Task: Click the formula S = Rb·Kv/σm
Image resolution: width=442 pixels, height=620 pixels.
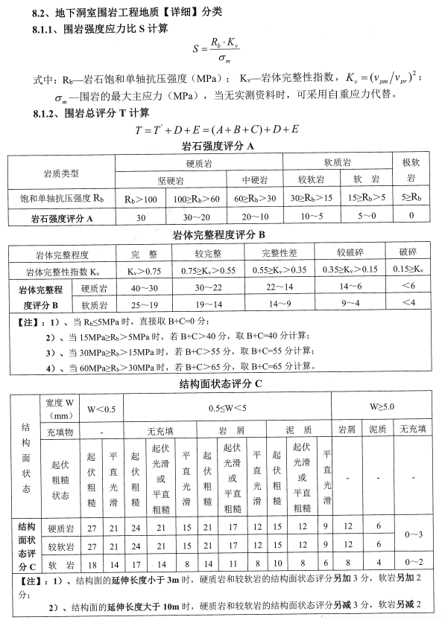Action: (221, 51)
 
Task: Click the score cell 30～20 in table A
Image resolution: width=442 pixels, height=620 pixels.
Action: (194, 218)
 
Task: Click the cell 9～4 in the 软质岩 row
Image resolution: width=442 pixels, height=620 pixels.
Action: (348, 304)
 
